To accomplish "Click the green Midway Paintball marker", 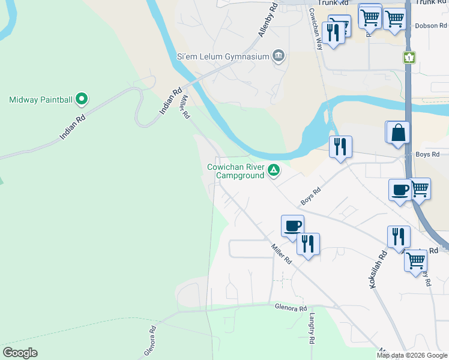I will click(x=83, y=99).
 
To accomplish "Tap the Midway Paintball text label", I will click(x=41, y=100).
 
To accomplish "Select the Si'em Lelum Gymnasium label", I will click(x=222, y=57).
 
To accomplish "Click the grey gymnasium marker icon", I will click(x=278, y=56).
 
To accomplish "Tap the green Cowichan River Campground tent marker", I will click(x=274, y=170).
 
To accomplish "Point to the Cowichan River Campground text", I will click(x=235, y=171).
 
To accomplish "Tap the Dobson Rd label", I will click(x=431, y=26).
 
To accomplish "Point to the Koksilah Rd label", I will click(x=378, y=269).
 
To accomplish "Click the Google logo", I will click(x=20, y=353).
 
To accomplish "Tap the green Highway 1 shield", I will click(x=409, y=57).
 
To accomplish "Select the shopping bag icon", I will click(x=399, y=132).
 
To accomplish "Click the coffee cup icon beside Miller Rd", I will click(x=292, y=226).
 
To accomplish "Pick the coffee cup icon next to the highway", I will click(x=399, y=190).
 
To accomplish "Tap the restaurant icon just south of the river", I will click(x=340, y=146).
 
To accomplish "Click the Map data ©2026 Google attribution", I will click(x=412, y=355).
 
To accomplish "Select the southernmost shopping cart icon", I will click(x=415, y=261).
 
